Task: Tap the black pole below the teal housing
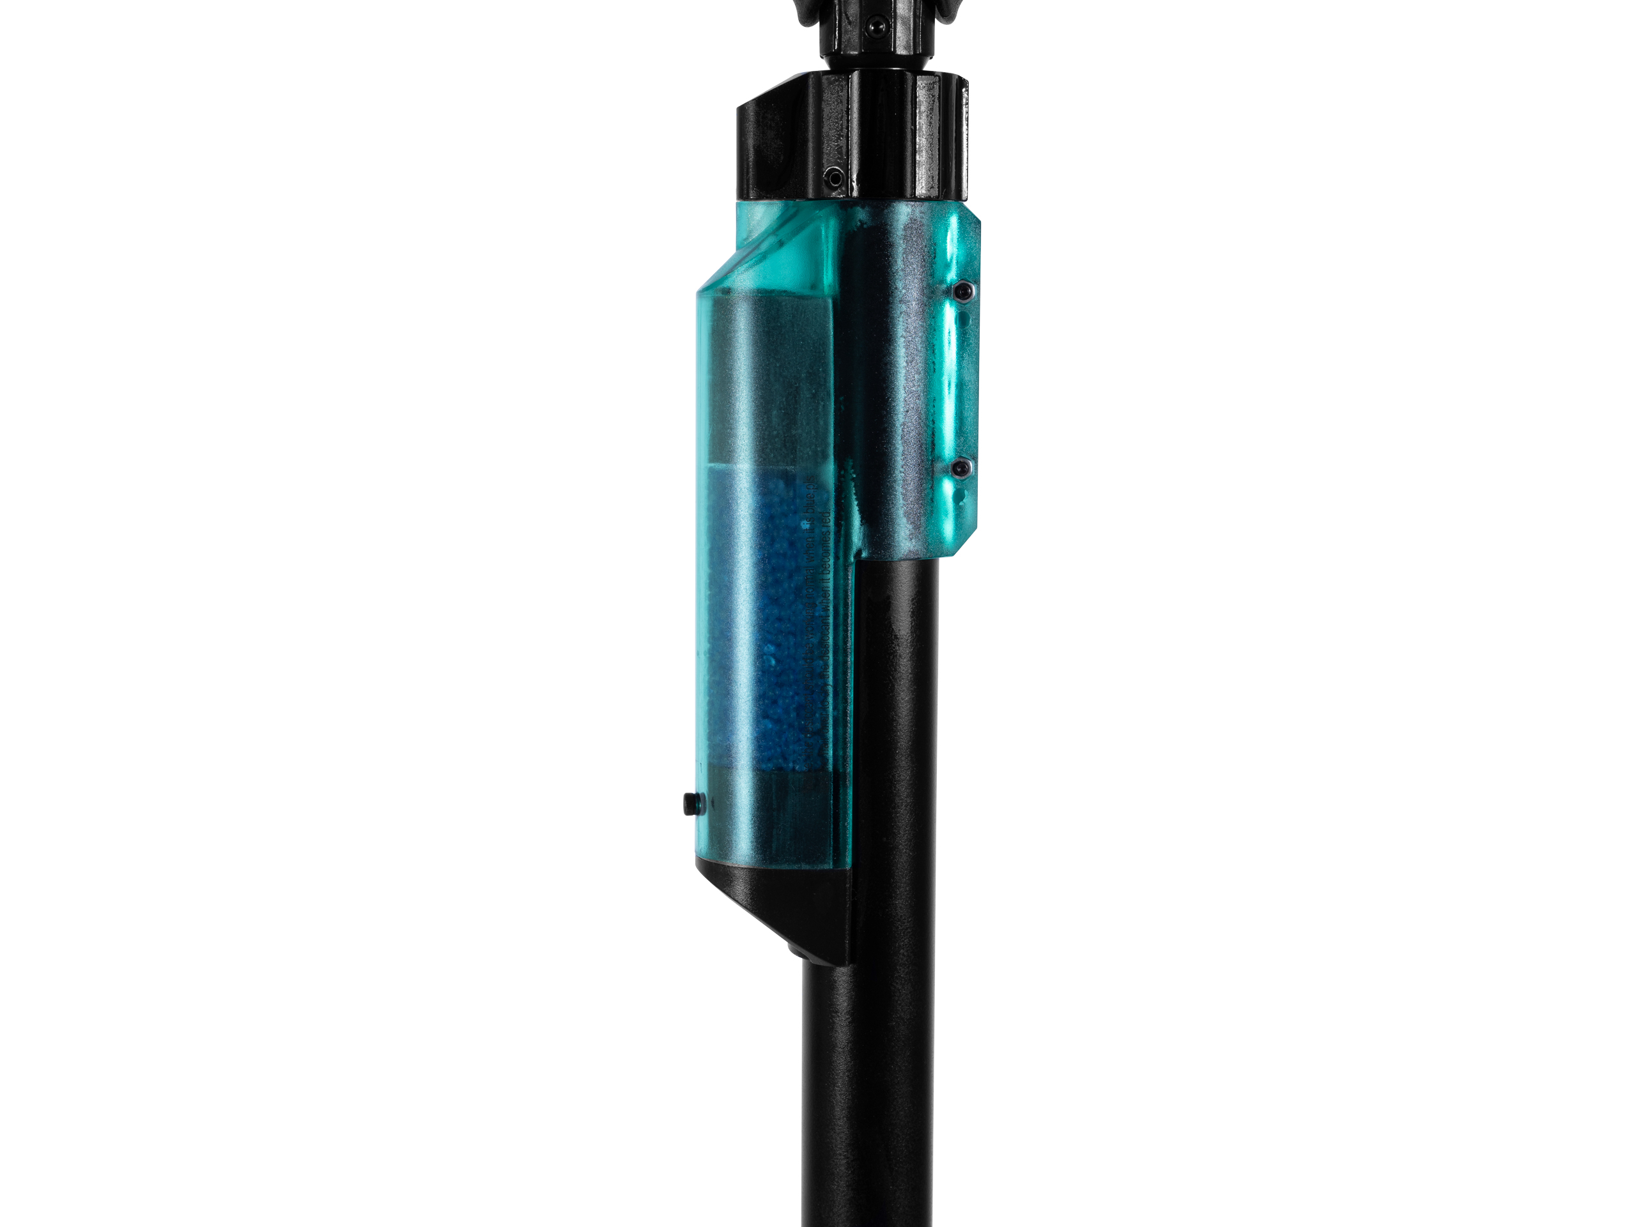click(869, 1072)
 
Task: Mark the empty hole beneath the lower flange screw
click(962, 488)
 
